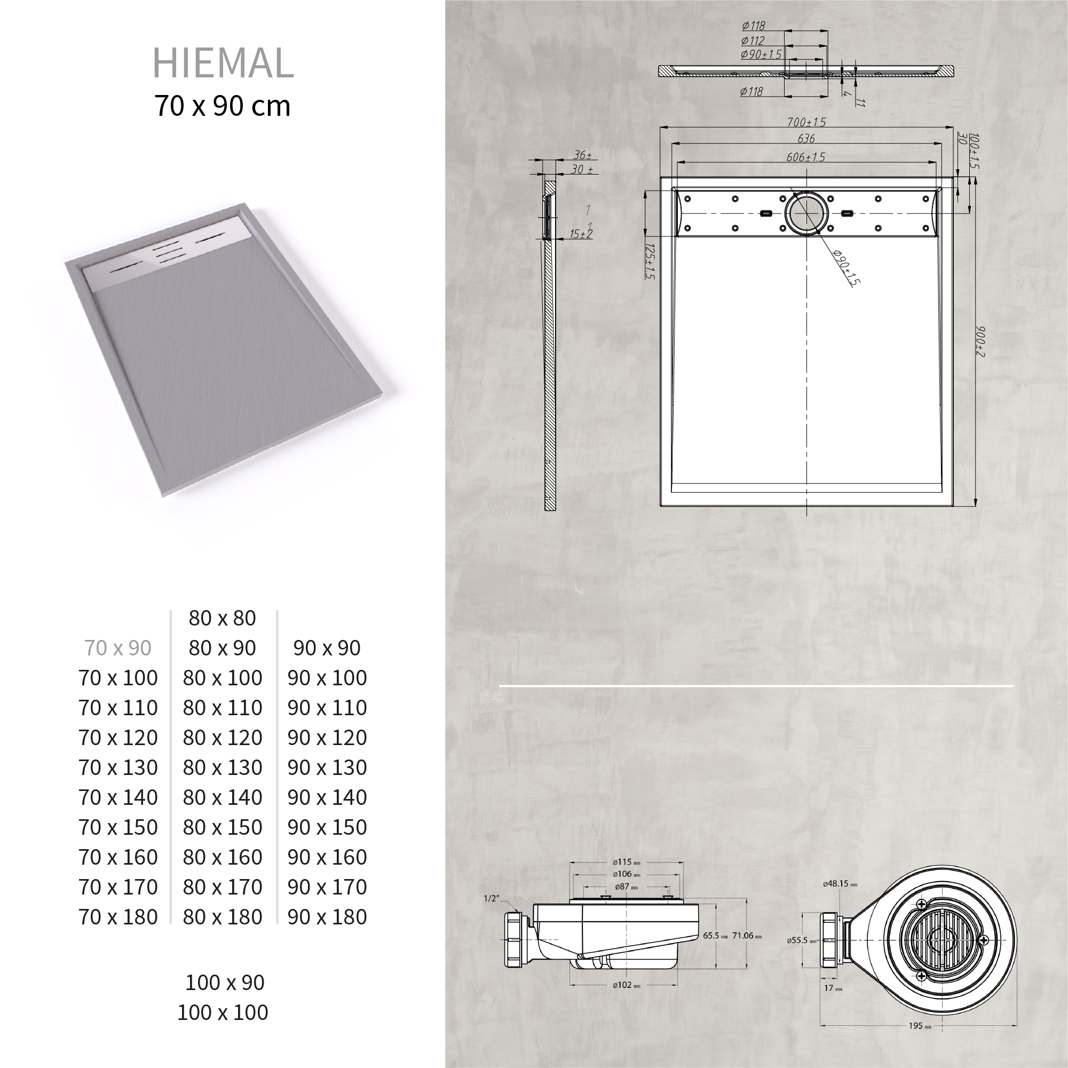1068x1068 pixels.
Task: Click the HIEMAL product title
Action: pos(223,62)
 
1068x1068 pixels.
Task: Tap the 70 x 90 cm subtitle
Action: pos(222,106)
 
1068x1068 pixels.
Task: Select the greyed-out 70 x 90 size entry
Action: pos(118,648)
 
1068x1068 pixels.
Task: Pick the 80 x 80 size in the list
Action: pos(222,618)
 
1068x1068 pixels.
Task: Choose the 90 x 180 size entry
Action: pos(327,916)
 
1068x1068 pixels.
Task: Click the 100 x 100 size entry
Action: pos(223,1012)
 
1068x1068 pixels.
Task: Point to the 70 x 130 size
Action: pos(118,768)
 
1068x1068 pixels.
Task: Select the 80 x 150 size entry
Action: pos(223,827)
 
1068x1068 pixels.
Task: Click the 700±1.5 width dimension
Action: pos(806,122)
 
